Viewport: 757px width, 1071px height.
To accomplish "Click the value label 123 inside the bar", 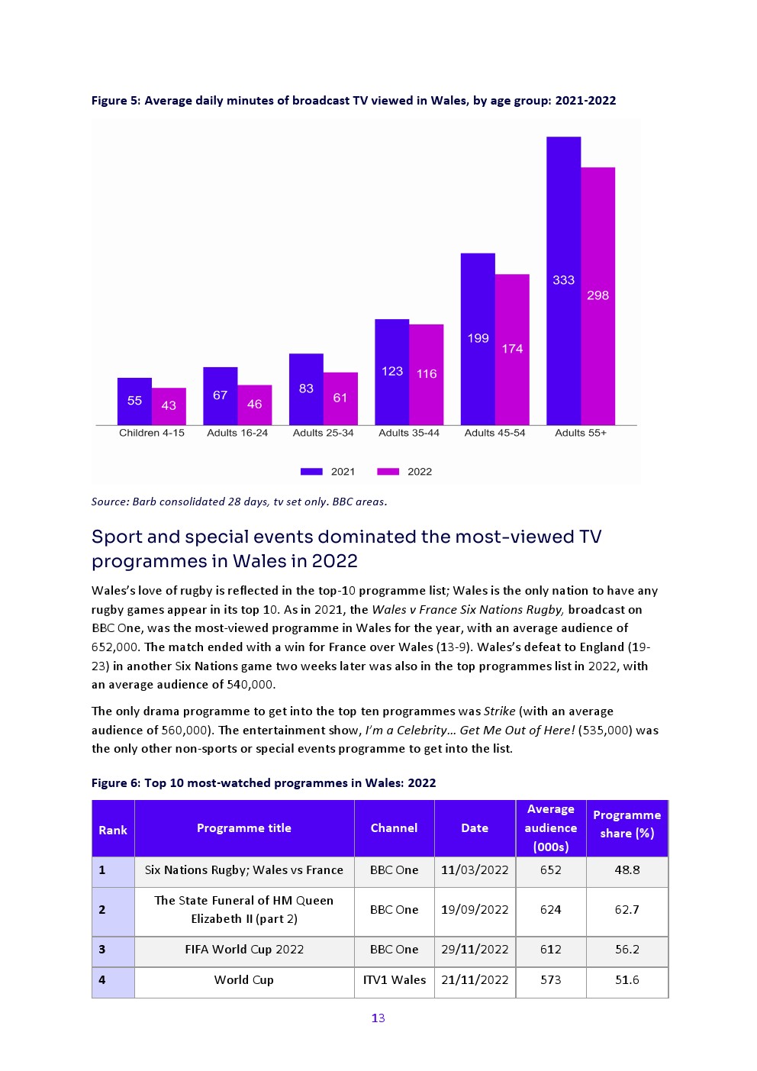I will [392, 371].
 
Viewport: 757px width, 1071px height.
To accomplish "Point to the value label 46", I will [255, 404].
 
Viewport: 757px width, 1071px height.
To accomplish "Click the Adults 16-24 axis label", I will [237, 433].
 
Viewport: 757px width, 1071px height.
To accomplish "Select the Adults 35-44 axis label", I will [409, 433].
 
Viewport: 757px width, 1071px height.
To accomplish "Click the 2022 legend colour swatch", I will [388, 472].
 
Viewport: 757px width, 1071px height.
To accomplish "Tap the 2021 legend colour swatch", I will [311, 472].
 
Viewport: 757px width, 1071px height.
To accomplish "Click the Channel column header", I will [394, 828].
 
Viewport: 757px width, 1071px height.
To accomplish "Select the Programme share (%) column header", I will [627, 824].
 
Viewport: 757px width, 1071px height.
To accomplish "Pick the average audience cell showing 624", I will [550, 910].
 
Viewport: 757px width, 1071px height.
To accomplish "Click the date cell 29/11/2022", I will [475, 950].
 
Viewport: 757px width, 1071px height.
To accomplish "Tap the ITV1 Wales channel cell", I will [394, 980].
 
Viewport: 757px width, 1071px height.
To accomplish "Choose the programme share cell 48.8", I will [627, 870].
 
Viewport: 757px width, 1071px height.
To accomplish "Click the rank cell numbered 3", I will [102, 950].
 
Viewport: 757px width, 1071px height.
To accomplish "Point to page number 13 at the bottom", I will [378, 1018].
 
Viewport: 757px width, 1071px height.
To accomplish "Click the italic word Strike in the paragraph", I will [499, 711].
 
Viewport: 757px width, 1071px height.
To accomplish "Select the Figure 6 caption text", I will [263, 783].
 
